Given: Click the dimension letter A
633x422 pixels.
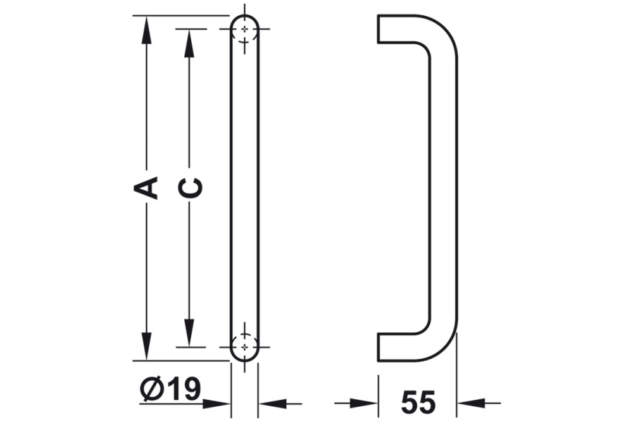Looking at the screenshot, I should (147, 188).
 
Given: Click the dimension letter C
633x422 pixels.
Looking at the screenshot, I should (189, 188).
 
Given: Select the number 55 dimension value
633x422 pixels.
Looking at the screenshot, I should (418, 402).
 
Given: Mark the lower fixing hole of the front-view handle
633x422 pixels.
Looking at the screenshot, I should (244, 347).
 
